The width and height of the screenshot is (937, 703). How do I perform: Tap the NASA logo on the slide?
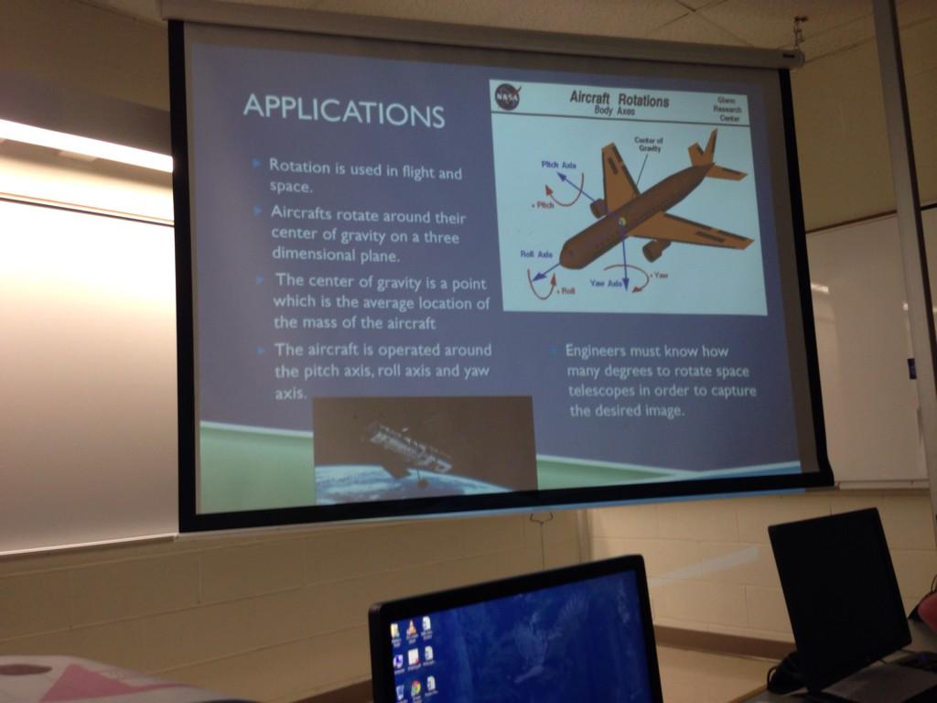tap(507, 96)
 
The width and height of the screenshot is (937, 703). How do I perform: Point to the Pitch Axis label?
tap(558, 165)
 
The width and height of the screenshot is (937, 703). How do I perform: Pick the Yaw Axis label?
tap(606, 284)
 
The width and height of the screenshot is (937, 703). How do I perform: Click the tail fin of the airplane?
tap(705, 149)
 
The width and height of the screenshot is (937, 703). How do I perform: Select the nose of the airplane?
tap(567, 256)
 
